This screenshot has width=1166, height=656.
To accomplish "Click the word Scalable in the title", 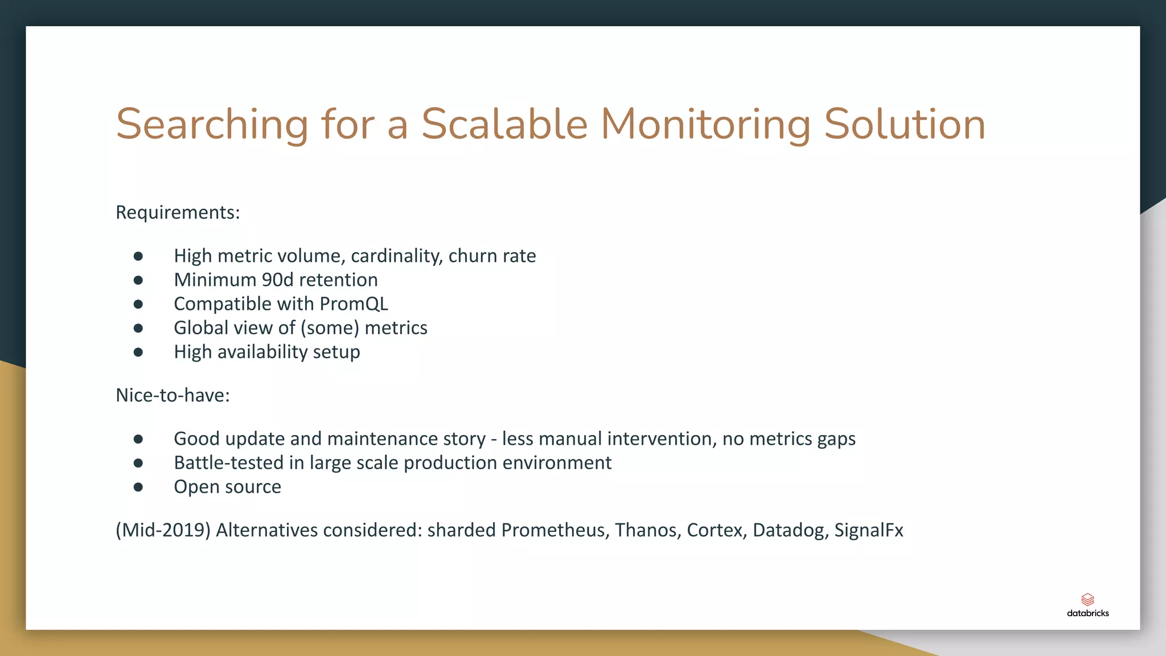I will point(504,124).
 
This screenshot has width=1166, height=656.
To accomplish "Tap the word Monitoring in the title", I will point(705,124).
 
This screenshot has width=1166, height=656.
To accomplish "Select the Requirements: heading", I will point(178,212).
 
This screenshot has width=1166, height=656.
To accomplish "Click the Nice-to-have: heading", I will point(173,395).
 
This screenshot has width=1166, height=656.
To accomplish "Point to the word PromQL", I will point(354,304).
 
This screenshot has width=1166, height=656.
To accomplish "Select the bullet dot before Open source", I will point(138,487).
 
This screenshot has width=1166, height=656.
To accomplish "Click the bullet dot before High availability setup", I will point(138,352).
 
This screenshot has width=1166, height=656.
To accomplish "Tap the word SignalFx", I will point(868,530).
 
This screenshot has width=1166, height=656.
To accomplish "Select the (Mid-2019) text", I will point(163,530).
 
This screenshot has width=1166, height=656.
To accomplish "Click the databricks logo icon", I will point(1087,600).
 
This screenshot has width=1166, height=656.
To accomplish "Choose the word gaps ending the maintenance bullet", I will point(836,439).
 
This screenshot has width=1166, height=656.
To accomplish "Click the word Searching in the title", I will point(212,124).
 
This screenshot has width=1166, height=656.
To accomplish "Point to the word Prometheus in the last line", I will point(555,530).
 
